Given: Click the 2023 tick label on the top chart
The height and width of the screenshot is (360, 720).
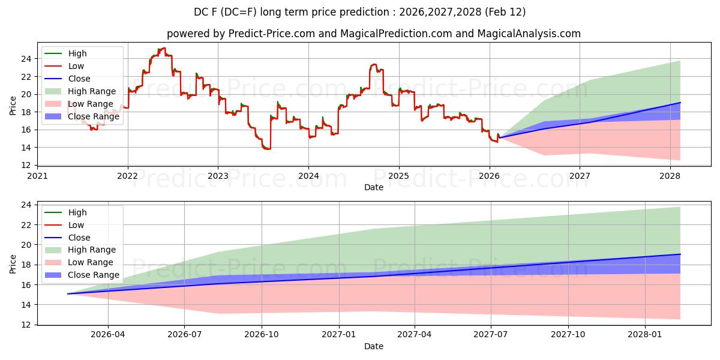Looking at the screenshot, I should point(218,176).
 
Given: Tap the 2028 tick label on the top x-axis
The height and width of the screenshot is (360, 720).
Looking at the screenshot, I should point(670,176).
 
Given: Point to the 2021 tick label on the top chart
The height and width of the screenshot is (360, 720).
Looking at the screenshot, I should point(37,176).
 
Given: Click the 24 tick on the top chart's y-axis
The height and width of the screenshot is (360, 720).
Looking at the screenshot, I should point(26,59).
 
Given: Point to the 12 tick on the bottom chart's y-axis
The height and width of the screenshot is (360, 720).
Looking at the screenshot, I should point(26,325).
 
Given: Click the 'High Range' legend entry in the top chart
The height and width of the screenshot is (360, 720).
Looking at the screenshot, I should point(92,91).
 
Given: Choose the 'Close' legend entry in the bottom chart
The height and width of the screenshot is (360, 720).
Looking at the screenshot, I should point(79,238).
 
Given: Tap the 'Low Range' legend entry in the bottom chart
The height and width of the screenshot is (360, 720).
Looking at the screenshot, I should point(91,262).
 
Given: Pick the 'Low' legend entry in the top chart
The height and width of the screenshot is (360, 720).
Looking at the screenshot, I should point(76,66).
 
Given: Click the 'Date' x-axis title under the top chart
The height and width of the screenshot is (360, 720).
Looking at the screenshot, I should point(374,187).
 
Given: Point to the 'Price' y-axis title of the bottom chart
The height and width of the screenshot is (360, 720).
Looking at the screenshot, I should point(13,263).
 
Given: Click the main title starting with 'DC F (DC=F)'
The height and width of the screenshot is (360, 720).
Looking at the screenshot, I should point(360,12).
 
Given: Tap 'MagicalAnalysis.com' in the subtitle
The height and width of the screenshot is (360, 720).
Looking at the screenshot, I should point(529,34).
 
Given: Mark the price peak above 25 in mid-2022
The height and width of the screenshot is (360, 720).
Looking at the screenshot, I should point(162,48).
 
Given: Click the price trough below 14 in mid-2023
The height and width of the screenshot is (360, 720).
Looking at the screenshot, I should point(266,149).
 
